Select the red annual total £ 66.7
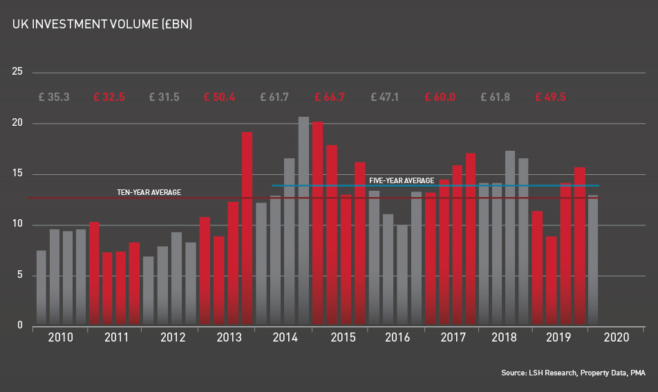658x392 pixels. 330,97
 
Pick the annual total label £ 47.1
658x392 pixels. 385,97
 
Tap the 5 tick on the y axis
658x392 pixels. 19,276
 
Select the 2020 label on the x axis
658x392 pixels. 616,338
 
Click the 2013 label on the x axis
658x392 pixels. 229,338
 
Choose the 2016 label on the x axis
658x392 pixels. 397,338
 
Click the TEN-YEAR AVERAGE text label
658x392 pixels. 149,192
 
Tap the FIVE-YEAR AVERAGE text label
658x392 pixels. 402,181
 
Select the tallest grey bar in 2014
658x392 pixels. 303,221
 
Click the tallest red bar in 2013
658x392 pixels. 247,228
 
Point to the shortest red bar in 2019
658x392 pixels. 551,281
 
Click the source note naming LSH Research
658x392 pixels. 573,373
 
